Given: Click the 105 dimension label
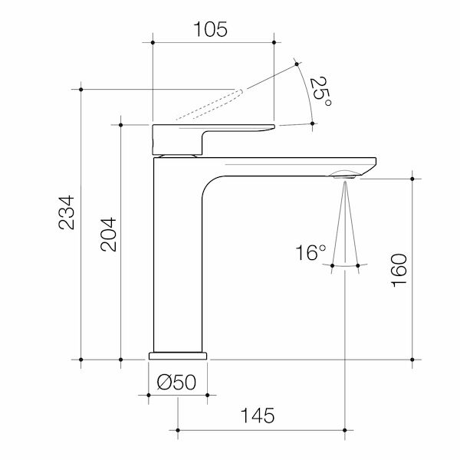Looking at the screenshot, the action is point(210,29).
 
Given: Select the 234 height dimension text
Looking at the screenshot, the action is point(66,212).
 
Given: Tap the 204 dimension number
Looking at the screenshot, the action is point(108,235).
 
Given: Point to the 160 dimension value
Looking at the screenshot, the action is point(399,270).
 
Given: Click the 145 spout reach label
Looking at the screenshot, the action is point(258,416).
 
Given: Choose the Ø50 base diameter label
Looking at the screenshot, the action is point(176,383).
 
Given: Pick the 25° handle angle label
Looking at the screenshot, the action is point(320,91).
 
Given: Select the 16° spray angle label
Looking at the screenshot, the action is point(310,252).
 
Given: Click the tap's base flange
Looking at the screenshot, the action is point(178,356).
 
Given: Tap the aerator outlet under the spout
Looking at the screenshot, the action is point(344,177).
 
